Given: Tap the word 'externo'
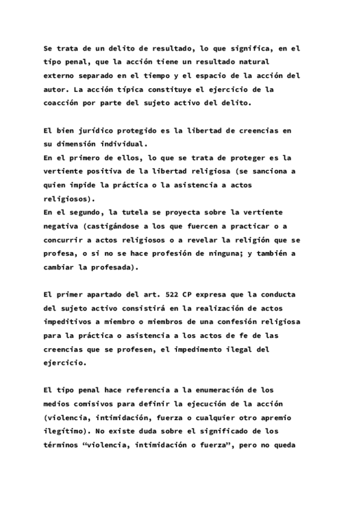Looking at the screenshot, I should point(60,76).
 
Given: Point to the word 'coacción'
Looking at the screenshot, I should point(62,103).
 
